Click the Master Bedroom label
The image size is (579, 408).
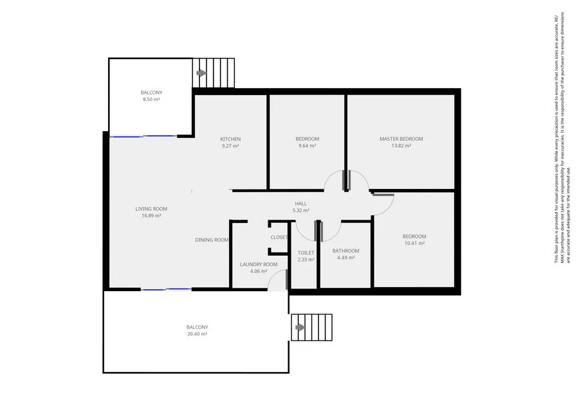coord(401,139)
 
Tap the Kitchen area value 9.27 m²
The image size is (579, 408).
coord(230,146)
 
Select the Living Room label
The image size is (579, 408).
coord(151,209)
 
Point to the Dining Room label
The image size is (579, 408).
coord(212,240)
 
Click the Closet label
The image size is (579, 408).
coord(279,237)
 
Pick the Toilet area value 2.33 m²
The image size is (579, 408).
coord(306,260)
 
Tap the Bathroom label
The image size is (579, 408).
coord(345,251)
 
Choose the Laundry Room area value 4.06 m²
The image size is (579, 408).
coord(258,271)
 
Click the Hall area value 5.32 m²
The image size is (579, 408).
coord(301,210)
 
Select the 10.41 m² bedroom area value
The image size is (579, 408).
coord(414,244)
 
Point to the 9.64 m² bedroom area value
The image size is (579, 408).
coord(307,146)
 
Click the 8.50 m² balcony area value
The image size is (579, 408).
coord(151,100)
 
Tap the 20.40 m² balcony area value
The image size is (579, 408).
coord(198,334)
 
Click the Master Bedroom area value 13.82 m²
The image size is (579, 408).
coord(401,146)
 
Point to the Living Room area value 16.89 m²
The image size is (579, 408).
coord(151,216)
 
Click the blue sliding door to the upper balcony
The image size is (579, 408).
coord(142,136)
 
